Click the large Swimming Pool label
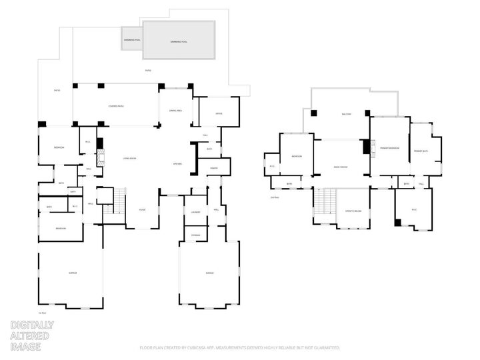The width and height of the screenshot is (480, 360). point(179,41)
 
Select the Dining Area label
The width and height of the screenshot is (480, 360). point(175,111)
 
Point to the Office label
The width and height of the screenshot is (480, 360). point(219,114)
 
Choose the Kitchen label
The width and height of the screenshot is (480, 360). point(178,163)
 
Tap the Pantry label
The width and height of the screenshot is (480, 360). point(214,168)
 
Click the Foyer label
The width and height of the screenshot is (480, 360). point(142,209)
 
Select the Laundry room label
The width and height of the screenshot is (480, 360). point(195,212)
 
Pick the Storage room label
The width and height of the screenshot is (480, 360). point(195,234)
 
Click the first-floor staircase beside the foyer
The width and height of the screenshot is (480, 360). point(119,199)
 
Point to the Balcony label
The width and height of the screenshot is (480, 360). point(347,114)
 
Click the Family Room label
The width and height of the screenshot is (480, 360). point(340,167)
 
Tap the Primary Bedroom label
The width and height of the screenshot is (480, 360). point(390,148)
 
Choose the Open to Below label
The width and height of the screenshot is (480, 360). point(353,211)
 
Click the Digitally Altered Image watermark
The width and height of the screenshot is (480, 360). point(31,336)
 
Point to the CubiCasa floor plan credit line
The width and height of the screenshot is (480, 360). point(240,347)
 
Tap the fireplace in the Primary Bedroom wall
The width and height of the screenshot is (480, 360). point(373,148)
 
